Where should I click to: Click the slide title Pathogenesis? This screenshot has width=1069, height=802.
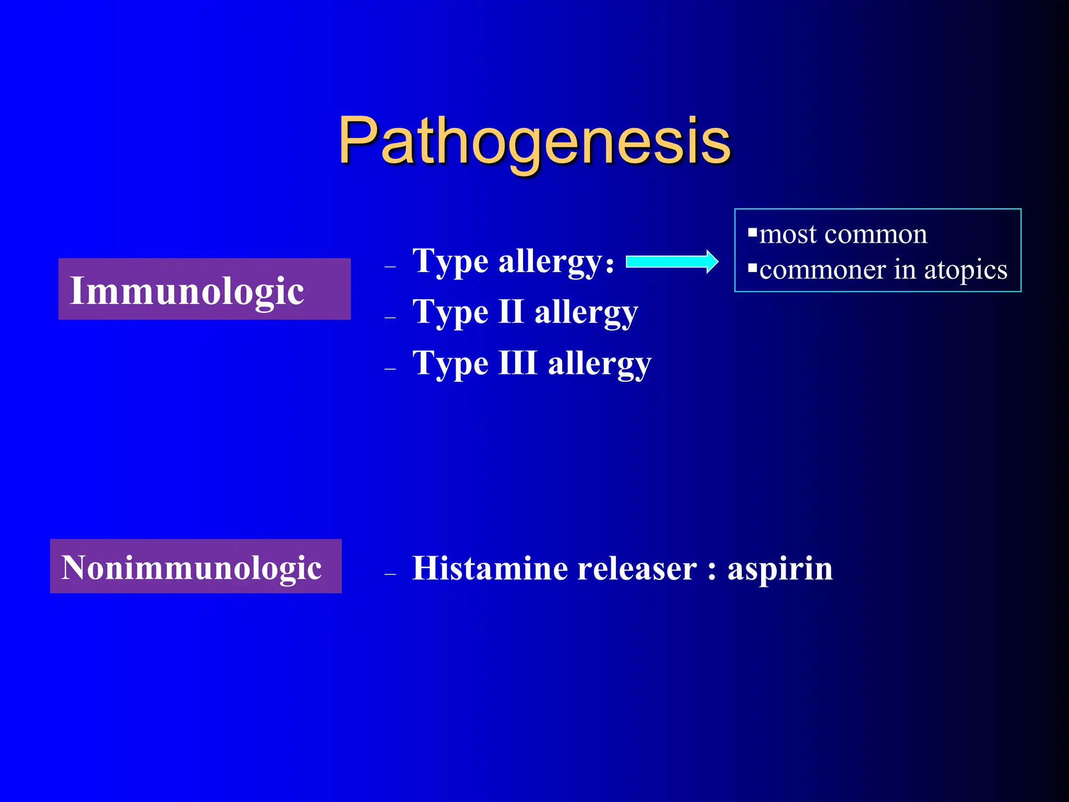[534, 140]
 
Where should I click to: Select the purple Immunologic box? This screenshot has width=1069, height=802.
[204, 289]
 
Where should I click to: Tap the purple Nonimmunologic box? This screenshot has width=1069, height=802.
[196, 566]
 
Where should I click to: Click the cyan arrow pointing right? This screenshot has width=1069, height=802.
[672, 262]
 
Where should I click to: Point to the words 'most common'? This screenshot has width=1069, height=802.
[843, 234]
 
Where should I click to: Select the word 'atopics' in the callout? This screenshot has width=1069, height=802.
[966, 270]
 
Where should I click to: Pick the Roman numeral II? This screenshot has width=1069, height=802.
[511, 312]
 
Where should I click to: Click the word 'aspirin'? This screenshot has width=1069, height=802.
[780, 568]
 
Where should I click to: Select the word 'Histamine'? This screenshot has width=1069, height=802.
[490, 568]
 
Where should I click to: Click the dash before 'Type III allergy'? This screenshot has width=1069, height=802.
[390, 369]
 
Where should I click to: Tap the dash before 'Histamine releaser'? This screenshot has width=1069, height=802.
[390, 574]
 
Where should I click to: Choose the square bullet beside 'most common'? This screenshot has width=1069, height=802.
[752, 232]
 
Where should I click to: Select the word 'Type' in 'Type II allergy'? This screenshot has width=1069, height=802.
[450, 313]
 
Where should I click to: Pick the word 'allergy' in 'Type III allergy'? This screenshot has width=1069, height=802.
[599, 363]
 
